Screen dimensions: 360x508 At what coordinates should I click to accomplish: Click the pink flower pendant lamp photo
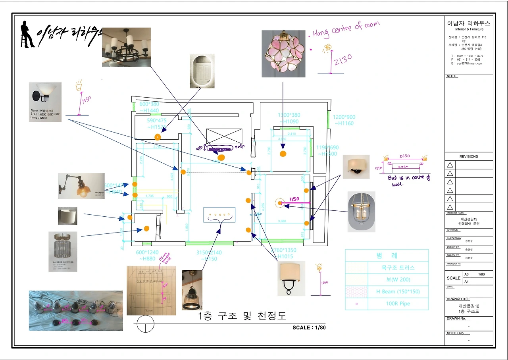coord(283,54)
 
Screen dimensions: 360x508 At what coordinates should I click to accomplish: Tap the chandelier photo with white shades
coord(126,47)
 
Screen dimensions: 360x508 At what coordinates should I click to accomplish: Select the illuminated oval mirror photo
coord(202,71)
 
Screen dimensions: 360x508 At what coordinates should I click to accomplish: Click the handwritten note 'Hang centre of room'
coord(346,29)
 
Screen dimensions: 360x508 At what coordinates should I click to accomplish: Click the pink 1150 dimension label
coord(294,199)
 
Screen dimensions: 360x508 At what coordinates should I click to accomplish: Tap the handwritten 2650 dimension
coord(404,156)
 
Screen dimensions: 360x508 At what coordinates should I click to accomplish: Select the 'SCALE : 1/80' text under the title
coord(309,327)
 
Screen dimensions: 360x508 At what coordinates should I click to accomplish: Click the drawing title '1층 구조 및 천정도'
coord(242,316)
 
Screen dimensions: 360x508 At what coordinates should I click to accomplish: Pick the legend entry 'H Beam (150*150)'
coord(398,292)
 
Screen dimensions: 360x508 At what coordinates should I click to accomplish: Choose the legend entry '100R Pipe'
coord(398,304)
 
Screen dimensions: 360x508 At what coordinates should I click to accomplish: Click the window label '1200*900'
coord(344,117)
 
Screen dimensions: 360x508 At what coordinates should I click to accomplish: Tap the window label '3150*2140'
coord(209,252)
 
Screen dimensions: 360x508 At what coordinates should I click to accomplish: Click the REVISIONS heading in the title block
coord(469,156)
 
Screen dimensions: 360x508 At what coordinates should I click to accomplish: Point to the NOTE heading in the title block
coord(452,76)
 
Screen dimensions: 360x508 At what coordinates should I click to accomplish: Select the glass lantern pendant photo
coord(361,212)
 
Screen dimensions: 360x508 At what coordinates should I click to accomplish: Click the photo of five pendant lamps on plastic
coord(75,310)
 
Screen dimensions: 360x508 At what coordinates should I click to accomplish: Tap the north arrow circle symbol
coord(145,324)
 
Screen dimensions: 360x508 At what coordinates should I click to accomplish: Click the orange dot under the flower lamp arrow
coord(283,154)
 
